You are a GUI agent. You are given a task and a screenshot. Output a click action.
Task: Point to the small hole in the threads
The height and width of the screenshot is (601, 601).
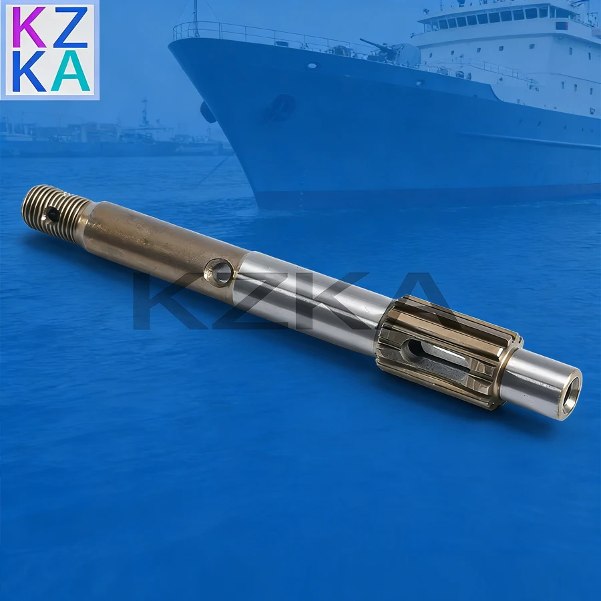tap(51, 214)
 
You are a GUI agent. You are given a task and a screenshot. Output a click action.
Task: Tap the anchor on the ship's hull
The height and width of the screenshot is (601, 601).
tap(281, 107)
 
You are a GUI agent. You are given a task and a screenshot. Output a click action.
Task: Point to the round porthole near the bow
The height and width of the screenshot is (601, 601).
tap(313, 65)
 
